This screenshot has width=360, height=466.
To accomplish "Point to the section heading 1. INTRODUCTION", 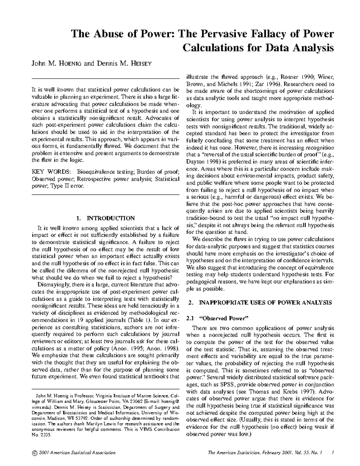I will pos(106,218).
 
